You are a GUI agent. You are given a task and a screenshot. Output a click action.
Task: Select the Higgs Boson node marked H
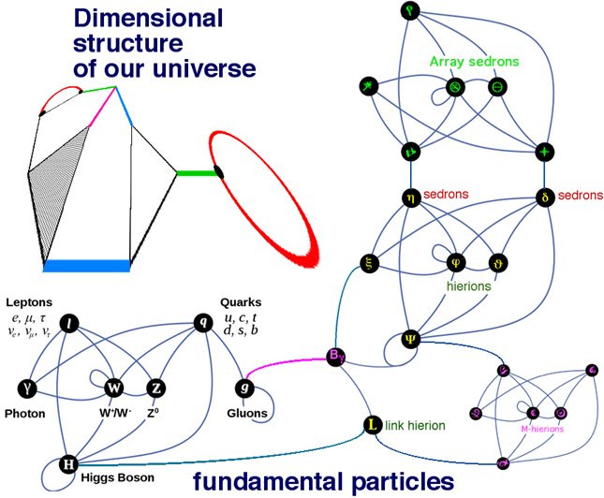(x=68, y=463)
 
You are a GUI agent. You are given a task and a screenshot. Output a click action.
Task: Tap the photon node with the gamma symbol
(x=28, y=386)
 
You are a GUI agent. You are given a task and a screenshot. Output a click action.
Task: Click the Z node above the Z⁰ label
(x=156, y=386)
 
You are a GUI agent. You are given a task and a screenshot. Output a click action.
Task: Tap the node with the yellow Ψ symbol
(x=410, y=338)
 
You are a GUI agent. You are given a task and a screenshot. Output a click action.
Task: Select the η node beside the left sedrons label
(x=409, y=198)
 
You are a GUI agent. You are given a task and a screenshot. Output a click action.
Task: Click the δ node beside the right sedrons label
(x=545, y=198)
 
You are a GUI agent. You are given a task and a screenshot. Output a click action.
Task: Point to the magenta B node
(x=335, y=355)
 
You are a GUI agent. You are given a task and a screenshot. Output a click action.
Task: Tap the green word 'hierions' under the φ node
(x=467, y=286)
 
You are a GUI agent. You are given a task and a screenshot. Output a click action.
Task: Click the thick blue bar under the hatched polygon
(x=86, y=266)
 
